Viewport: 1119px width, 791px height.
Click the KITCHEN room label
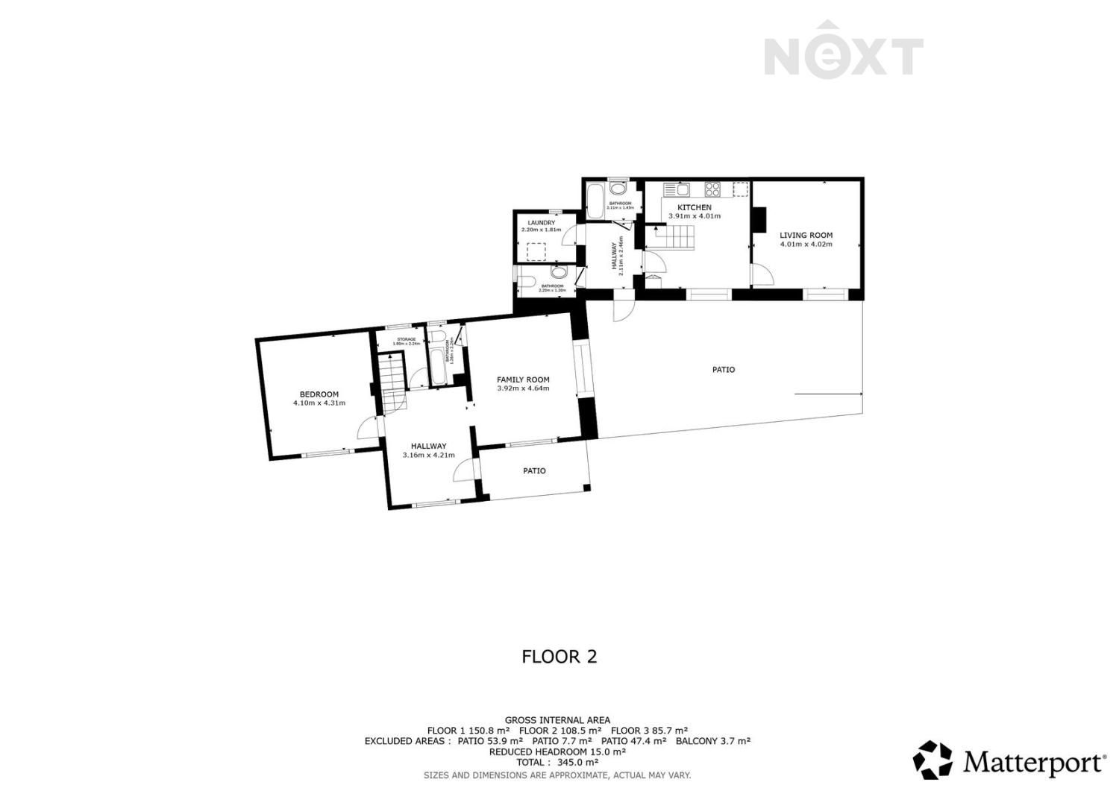[x=694, y=207]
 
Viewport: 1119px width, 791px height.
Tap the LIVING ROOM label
[x=806, y=236]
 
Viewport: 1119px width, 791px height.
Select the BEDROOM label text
[x=319, y=394]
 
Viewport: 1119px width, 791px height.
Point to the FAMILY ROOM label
[x=523, y=379]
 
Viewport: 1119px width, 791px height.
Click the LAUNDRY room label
[x=541, y=223]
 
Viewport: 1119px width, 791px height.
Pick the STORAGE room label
[x=407, y=339]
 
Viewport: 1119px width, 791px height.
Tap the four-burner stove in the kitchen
[x=712, y=189]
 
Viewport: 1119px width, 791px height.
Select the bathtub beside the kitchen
[x=595, y=202]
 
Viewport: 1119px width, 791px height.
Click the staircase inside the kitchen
[x=675, y=239]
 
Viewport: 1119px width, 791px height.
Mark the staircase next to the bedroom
[x=390, y=380]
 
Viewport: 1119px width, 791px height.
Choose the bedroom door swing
[x=368, y=429]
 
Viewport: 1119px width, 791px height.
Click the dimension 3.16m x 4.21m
[x=428, y=456]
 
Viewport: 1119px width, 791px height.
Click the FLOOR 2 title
[x=559, y=657]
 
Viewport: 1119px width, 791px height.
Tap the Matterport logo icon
[x=933, y=760]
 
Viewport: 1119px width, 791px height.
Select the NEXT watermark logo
[x=844, y=51]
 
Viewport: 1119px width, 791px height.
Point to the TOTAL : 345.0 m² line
[x=557, y=763]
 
